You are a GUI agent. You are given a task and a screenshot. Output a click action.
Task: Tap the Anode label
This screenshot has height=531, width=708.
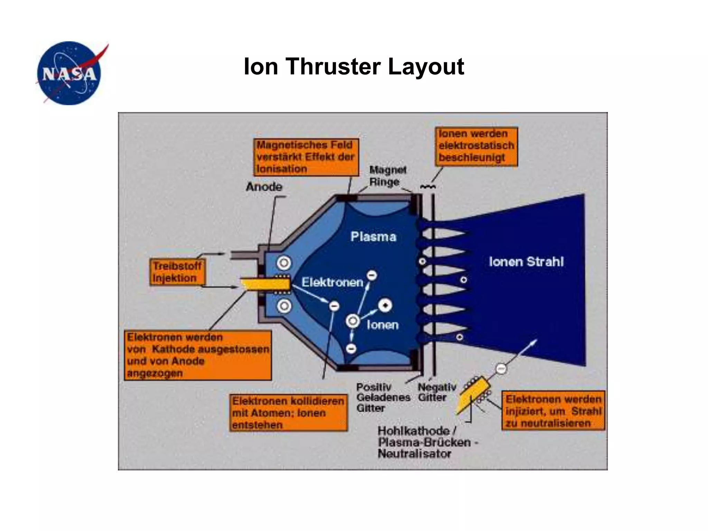click(264, 187)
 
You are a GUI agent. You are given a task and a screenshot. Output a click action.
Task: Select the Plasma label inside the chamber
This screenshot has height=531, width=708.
click(373, 237)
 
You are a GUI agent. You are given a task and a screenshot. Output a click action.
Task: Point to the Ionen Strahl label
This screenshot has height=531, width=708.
click(526, 262)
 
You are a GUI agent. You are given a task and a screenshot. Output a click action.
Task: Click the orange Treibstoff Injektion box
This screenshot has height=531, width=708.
click(177, 272)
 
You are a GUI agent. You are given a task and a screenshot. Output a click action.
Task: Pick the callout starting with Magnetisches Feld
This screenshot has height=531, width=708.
click(306, 157)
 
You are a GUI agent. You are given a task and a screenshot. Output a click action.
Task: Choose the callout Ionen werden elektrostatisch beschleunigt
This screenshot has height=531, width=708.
click(476, 146)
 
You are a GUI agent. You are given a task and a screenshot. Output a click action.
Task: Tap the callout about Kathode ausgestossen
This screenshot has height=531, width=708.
click(198, 355)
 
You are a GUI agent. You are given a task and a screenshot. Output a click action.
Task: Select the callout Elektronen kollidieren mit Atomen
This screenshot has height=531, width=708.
click(288, 413)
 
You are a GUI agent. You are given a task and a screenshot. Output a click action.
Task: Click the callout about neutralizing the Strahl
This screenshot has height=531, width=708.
click(553, 411)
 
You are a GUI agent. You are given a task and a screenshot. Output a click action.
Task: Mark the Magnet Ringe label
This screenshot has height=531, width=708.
click(387, 176)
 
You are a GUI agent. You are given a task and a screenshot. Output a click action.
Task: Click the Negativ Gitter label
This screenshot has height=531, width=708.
click(436, 392)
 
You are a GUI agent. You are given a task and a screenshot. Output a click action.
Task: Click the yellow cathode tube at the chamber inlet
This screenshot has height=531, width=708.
click(265, 285)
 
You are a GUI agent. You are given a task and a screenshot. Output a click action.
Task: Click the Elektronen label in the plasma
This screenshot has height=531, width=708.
click(332, 282)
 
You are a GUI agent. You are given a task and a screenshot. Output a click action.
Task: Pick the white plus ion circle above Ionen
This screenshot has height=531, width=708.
click(385, 306)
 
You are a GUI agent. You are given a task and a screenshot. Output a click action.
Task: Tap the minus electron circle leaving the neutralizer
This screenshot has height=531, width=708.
click(501, 369)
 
